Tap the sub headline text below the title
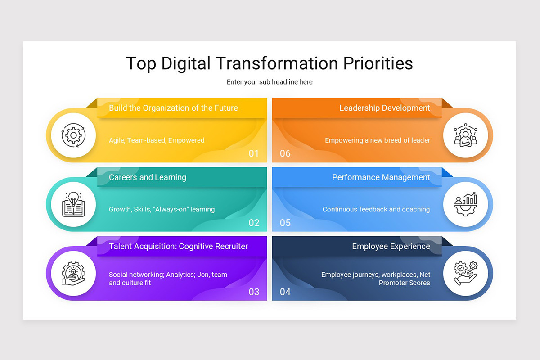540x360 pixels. (270, 82)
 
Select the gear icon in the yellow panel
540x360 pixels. (73, 135)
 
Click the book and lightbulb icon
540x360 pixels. (73, 205)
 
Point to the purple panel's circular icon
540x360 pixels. (73, 274)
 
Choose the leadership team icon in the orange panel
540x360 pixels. (465, 135)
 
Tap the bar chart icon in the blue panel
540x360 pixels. (465, 205)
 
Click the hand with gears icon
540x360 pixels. (465, 274)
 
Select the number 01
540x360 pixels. (254, 153)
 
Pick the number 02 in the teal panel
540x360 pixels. (254, 223)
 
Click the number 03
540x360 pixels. (254, 292)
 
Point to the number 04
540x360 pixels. (285, 292)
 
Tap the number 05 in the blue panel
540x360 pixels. (285, 223)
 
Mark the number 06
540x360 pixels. (285, 153)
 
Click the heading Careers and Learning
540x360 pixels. (148, 177)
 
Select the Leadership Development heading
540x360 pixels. (385, 108)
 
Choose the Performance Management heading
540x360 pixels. (381, 177)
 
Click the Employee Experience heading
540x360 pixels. (391, 247)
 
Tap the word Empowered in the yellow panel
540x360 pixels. (186, 140)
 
